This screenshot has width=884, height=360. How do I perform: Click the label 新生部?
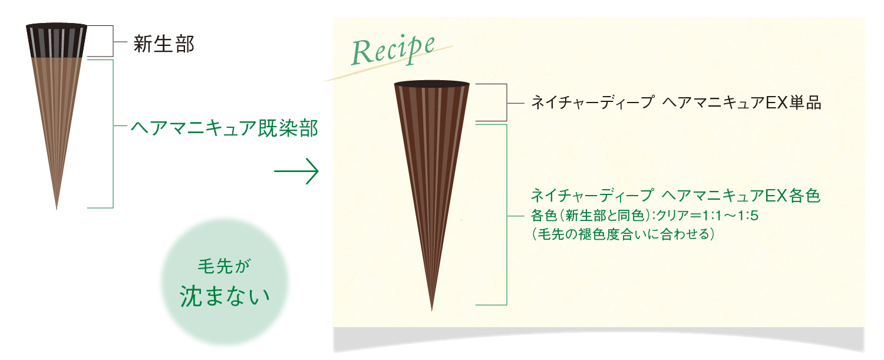[x=163, y=44]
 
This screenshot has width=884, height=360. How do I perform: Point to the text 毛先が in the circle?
[x=223, y=267]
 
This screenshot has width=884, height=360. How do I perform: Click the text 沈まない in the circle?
[x=223, y=296]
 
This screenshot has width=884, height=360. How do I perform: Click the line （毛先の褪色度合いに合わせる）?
[x=624, y=235]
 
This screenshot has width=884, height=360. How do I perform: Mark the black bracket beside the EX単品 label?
[x=506, y=103]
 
